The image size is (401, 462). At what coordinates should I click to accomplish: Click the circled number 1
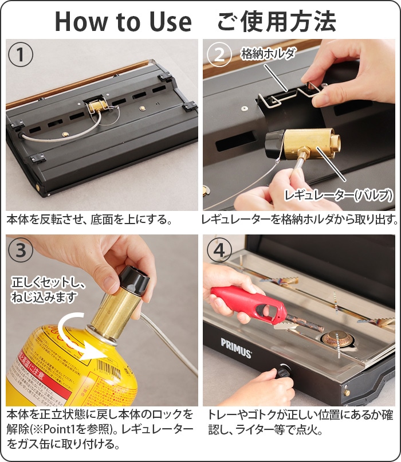(x=21, y=55)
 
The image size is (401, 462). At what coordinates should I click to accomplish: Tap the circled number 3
(x=21, y=250)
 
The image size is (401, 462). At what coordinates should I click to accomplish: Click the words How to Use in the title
(x=123, y=22)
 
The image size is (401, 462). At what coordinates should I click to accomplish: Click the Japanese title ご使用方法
(x=277, y=22)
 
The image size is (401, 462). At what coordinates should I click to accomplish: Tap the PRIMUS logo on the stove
(x=236, y=347)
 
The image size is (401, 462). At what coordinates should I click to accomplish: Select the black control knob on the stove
(x=283, y=373)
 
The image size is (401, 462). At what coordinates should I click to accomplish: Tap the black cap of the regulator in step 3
(x=133, y=279)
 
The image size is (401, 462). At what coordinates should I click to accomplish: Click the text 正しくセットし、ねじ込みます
(x=48, y=290)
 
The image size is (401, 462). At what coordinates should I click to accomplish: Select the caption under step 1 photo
(x=89, y=220)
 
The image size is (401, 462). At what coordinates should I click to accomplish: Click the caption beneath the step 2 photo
(x=299, y=220)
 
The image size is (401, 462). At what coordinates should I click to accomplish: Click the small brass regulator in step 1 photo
(x=98, y=107)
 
